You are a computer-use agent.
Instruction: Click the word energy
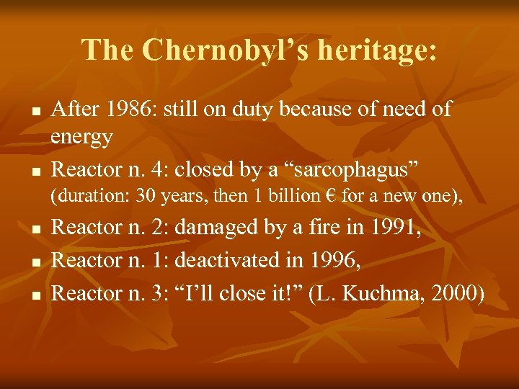[x=82, y=138]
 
